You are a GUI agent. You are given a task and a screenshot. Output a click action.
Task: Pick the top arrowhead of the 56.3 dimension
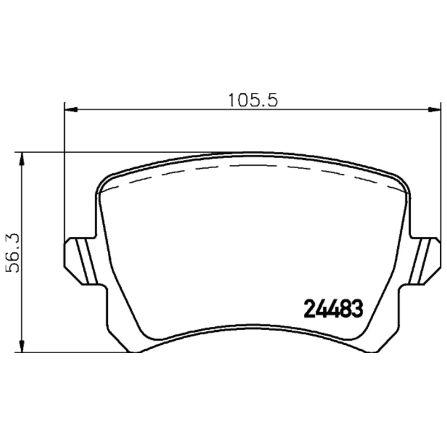click(x=22, y=158)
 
